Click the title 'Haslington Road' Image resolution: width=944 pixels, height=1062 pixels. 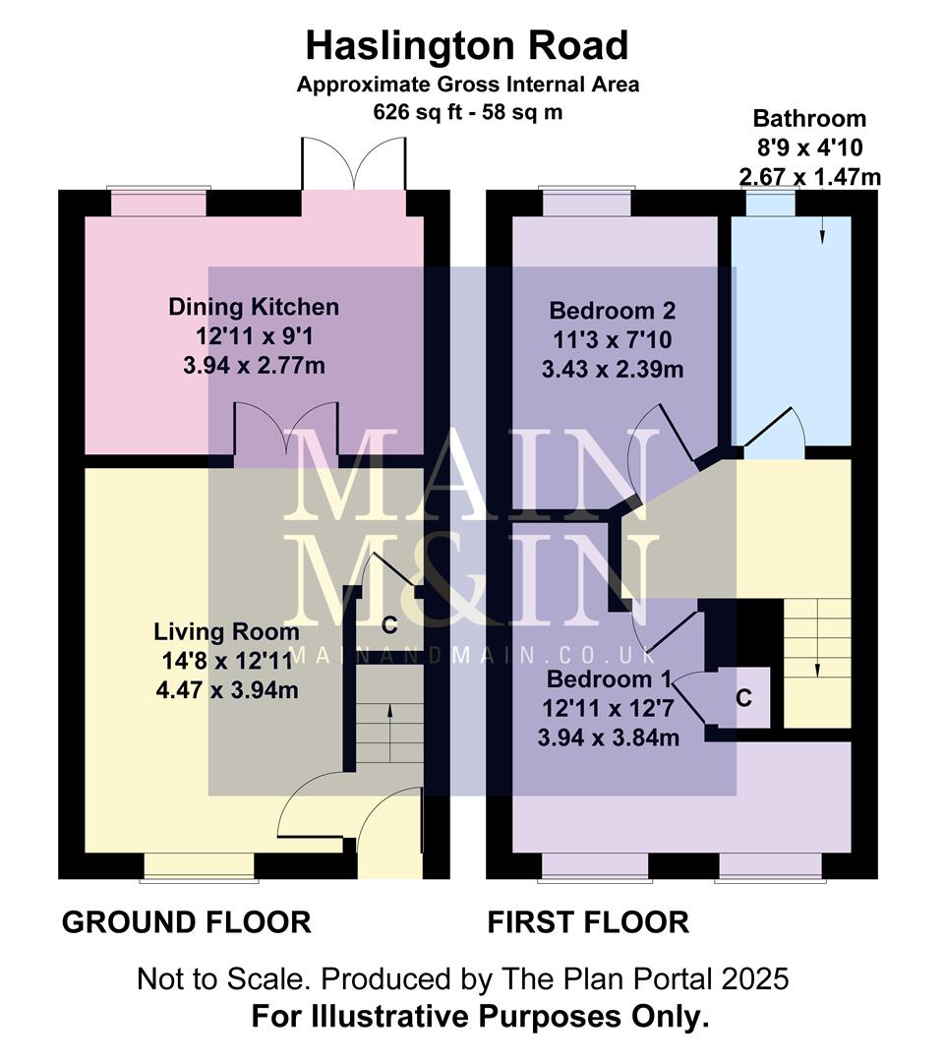[x=467, y=45]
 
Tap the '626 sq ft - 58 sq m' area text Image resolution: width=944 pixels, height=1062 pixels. [x=467, y=111]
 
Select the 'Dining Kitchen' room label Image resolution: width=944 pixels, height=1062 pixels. [x=254, y=307]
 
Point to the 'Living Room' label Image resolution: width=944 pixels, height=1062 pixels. [x=226, y=631]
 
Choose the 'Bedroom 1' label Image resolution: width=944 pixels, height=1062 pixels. [x=612, y=679]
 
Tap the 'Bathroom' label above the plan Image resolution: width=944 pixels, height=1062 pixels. [x=809, y=119]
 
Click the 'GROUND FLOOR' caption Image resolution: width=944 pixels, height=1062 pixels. [x=187, y=922]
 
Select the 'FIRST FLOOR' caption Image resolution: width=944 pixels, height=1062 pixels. [x=588, y=922]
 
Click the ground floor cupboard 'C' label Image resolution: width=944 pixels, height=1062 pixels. [x=389, y=625]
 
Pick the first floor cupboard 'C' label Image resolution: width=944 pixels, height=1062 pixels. [x=744, y=698]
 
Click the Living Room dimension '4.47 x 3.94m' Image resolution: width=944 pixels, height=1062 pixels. [x=226, y=690]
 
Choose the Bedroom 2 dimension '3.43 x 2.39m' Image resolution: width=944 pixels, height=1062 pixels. [x=613, y=370]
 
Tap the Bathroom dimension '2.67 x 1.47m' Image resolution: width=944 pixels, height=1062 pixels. [x=809, y=177]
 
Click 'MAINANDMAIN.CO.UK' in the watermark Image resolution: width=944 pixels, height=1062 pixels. [x=472, y=653]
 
